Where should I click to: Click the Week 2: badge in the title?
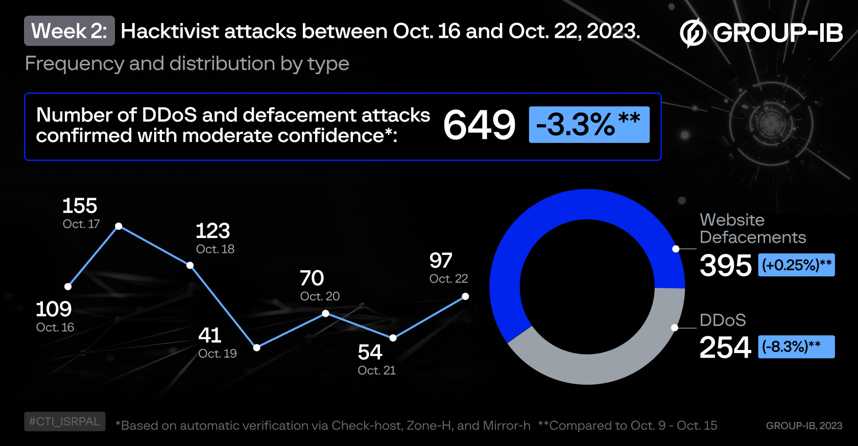click(x=69, y=31)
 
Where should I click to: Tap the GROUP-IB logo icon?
click(x=693, y=33)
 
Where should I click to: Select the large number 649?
click(x=479, y=125)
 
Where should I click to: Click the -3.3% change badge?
click(x=589, y=125)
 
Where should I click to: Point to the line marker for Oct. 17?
click(x=118, y=226)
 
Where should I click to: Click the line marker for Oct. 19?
click(x=257, y=347)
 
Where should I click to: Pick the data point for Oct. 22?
click(x=465, y=296)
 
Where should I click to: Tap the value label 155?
click(x=80, y=206)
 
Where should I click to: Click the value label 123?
click(x=213, y=231)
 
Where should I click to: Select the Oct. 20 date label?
click(x=320, y=296)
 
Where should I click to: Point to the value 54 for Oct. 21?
click(x=370, y=352)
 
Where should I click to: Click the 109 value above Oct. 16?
click(x=54, y=309)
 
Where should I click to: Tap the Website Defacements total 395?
click(x=725, y=266)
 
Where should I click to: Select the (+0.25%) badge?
click(x=796, y=265)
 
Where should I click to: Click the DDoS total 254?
click(x=725, y=347)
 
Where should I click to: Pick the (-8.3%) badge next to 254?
click(x=796, y=347)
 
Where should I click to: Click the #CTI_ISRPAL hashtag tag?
click(x=65, y=421)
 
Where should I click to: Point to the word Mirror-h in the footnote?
click(x=506, y=426)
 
